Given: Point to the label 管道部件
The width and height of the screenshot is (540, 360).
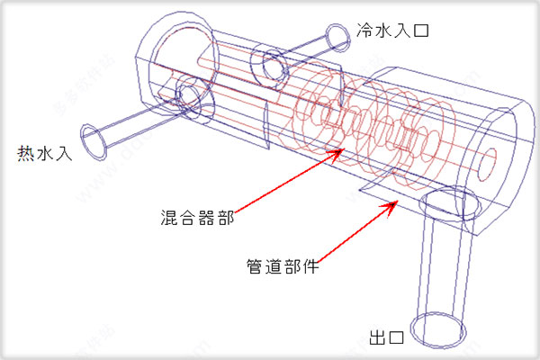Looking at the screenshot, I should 281,266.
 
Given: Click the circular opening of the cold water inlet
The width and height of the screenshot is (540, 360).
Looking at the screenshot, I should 337,36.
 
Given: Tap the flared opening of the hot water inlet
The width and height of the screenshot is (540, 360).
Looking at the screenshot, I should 95,139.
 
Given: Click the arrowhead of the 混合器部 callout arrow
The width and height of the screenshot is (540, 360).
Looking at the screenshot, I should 339,150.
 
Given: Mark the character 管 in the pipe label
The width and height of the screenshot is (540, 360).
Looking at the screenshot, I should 254,266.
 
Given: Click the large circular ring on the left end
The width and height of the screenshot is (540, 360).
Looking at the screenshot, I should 179,58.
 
